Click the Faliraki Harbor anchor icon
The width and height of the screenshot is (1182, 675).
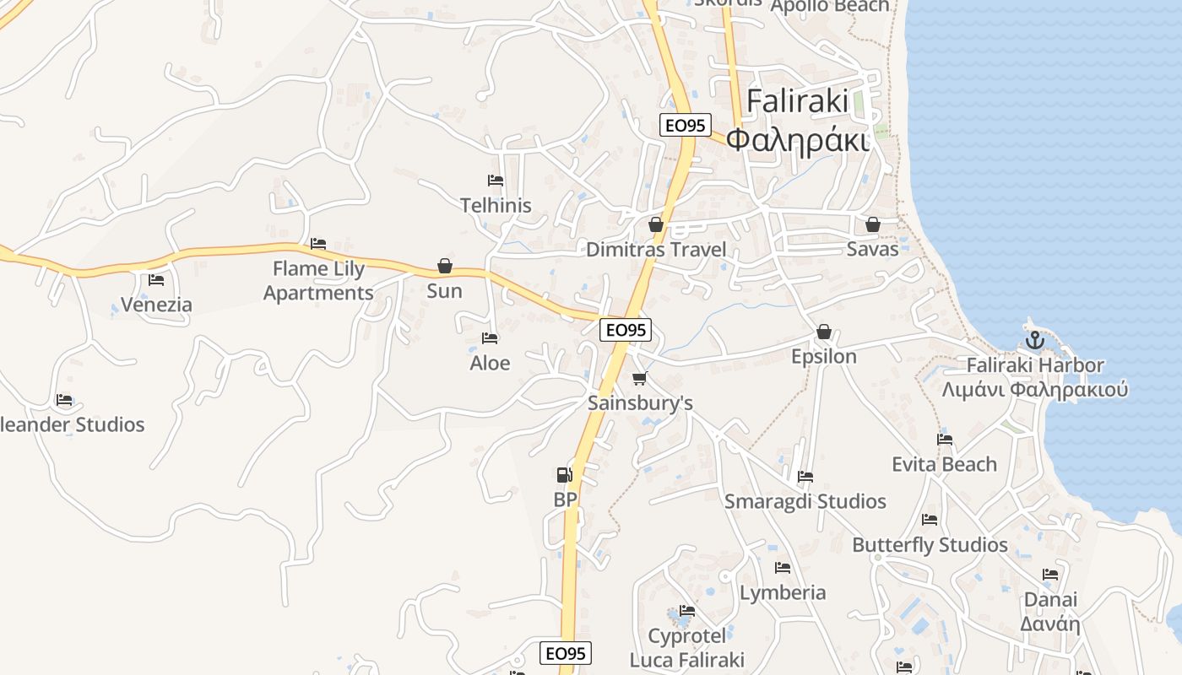[1035, 341]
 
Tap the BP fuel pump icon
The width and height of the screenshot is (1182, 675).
[564, 475]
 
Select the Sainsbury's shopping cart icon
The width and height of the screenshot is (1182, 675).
[640, 378]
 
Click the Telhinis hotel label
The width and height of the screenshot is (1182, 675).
[496, 205]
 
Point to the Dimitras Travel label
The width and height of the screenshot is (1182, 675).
[656, 250]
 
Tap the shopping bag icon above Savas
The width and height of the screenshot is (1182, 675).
[873, 224]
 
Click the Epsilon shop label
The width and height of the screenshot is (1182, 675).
[824, 356]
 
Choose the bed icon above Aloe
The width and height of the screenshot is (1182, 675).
[490, 338]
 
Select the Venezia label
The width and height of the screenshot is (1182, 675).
[156, 305]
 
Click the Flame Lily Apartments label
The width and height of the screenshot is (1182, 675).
[318, 281]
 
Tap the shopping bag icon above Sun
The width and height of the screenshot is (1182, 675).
[445, 266]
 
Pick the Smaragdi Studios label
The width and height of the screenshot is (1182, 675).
[805, 501]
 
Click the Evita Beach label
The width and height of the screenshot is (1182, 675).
[945, 464]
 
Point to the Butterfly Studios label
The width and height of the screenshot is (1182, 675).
[930, 544]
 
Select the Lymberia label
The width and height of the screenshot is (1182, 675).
[783, 592]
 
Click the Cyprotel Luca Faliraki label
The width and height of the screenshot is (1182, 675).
[687, 647]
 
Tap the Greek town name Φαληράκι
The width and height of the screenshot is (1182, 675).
[798, 139]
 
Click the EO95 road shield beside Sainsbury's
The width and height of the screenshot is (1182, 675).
[626, 330]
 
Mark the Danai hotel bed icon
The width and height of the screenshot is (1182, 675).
[1050, 575]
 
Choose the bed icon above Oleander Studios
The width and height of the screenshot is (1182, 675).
[64, 400]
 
